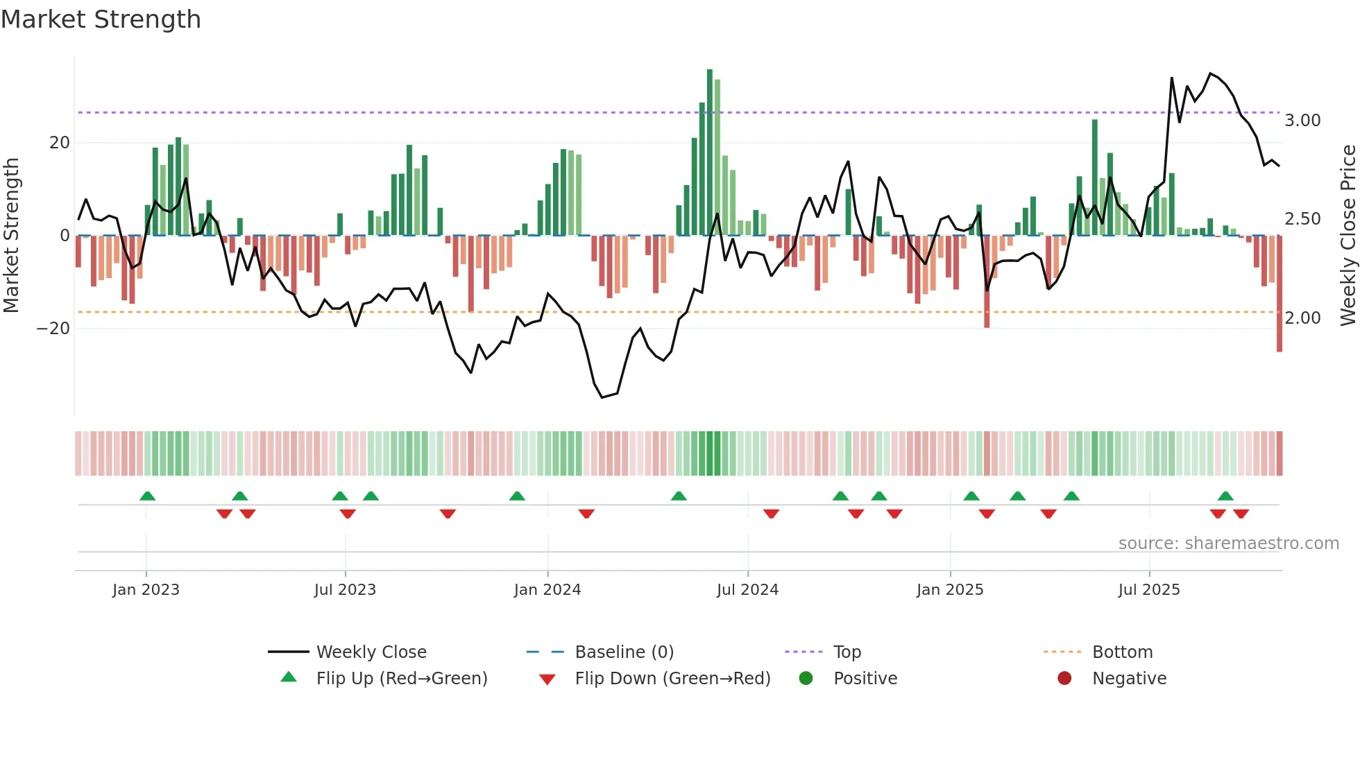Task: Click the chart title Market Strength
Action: point(101,19)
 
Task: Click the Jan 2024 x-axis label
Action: point(547,590)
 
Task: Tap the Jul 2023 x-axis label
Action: point(345,590)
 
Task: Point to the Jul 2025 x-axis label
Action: point(1148,590)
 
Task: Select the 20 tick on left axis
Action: point(60,143)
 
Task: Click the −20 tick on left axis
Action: point(53,329)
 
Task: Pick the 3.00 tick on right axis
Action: point(1302,121)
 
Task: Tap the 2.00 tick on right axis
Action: point(1302,318)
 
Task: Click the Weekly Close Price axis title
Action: point(1348,236)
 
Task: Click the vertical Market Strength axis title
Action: point(11,236)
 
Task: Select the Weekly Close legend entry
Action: point(371,652)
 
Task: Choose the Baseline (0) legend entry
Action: point(624,652)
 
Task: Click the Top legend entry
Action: point(847,652)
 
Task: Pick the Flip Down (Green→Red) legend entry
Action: point(672,679)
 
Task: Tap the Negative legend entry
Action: point(1128,679)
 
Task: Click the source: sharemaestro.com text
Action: point(1228,544)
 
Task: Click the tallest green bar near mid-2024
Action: point(710,153)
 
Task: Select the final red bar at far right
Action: point(1279,294)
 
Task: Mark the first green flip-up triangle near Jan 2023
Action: point(147,496)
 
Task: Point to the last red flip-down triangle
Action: point(1241,514)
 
